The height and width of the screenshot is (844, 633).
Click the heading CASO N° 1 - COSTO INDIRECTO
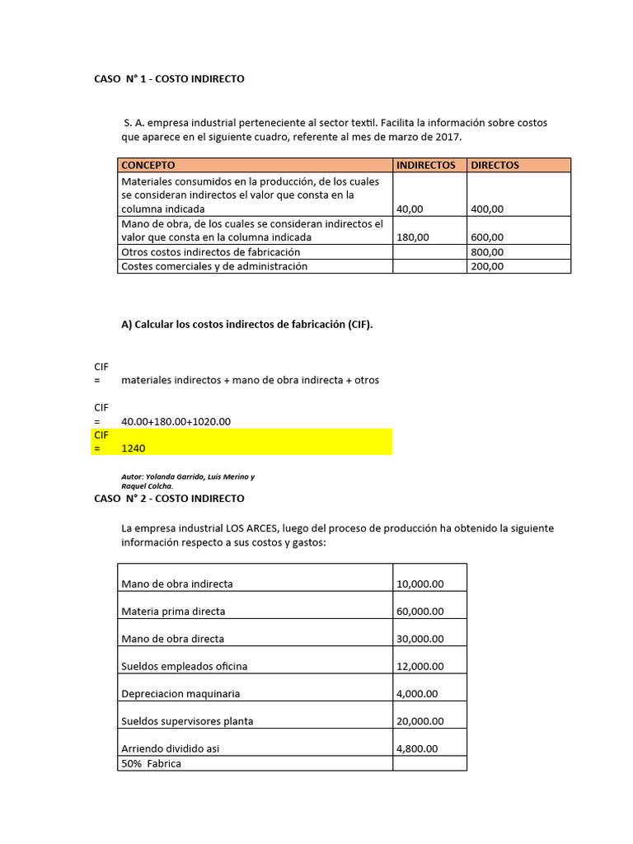point(169,79)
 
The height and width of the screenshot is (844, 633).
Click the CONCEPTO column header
point(148,165)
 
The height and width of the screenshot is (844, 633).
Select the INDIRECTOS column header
point(425,165)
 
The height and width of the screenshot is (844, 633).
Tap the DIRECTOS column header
point(495,165)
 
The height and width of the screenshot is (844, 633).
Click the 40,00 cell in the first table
point(410,209)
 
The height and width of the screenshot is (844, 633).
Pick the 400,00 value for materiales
point(486,209)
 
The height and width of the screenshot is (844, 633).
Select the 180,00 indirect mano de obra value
point(412,237)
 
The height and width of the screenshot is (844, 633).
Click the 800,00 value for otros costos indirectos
point(486,251)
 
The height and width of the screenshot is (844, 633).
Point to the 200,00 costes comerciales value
point(486,266)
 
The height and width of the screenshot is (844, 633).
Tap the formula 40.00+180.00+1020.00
point(176,421)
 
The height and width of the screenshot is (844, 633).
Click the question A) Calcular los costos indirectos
point(246,325)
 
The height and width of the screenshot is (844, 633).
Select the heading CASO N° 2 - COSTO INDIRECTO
point(169,499)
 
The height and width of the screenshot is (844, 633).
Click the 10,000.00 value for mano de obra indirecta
point(420,584)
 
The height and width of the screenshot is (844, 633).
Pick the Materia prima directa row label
point(173,612)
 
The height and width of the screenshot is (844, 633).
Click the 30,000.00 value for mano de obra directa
point(420,639)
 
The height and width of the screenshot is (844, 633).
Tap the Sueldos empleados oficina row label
point(184,666)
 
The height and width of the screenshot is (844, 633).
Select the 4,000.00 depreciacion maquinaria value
point(417,693)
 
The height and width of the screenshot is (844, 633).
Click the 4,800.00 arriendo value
point(417,748)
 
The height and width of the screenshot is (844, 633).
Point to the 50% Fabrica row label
point(151,763)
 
